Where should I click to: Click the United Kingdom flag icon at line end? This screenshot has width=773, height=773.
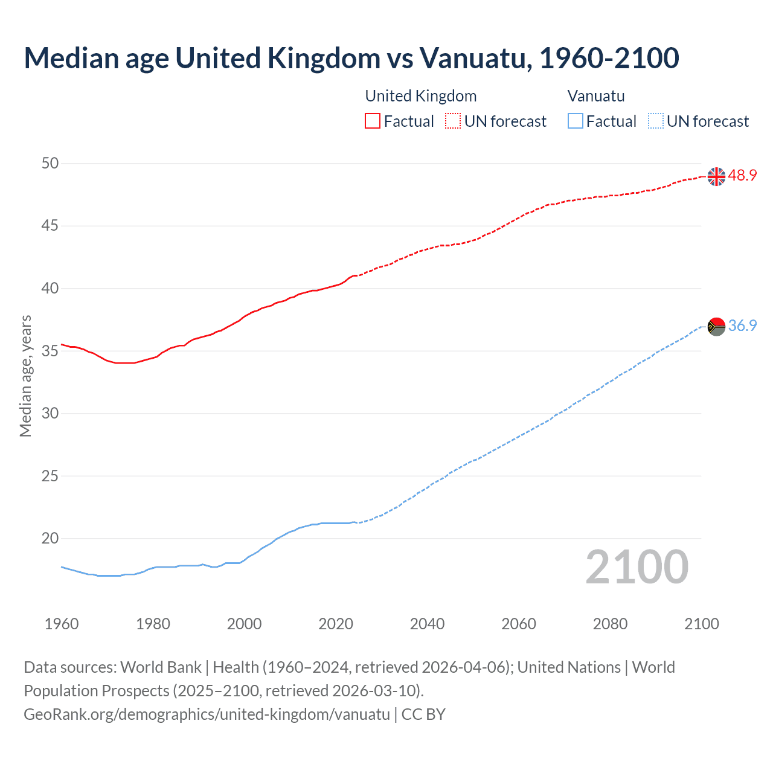tap(716, 176)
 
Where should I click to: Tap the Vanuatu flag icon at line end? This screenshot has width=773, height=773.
tap(716, 326)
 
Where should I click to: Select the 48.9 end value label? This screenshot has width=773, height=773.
tap(742, 176)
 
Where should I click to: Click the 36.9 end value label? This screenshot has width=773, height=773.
tap(742, 326)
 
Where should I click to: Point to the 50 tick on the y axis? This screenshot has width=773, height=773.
tap(51, 163)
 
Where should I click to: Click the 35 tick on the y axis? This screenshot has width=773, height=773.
tap(51, 351)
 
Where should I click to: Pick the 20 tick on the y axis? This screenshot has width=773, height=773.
tap(51, 538)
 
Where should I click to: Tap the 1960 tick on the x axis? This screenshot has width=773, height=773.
tap(62, 624)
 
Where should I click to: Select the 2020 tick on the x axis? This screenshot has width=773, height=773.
tap(336, 624)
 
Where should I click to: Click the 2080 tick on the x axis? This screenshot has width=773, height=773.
tap(610, 624)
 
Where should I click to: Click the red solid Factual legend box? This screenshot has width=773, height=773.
tap(373, 121)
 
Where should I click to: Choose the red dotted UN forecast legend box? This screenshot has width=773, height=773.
tap(453, 121)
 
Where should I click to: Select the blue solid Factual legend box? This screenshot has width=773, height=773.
tap(575, 121)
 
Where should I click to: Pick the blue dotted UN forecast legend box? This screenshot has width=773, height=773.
tap(655, 121)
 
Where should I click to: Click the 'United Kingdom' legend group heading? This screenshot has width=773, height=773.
tap(421, 96)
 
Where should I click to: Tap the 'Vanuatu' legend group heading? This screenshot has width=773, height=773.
tap(596, 96)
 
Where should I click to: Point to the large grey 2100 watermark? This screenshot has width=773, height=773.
tap(637, 567)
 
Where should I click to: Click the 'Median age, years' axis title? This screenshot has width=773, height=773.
tap(25, 376)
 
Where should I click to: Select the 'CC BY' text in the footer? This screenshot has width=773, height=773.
tap(423, 714)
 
